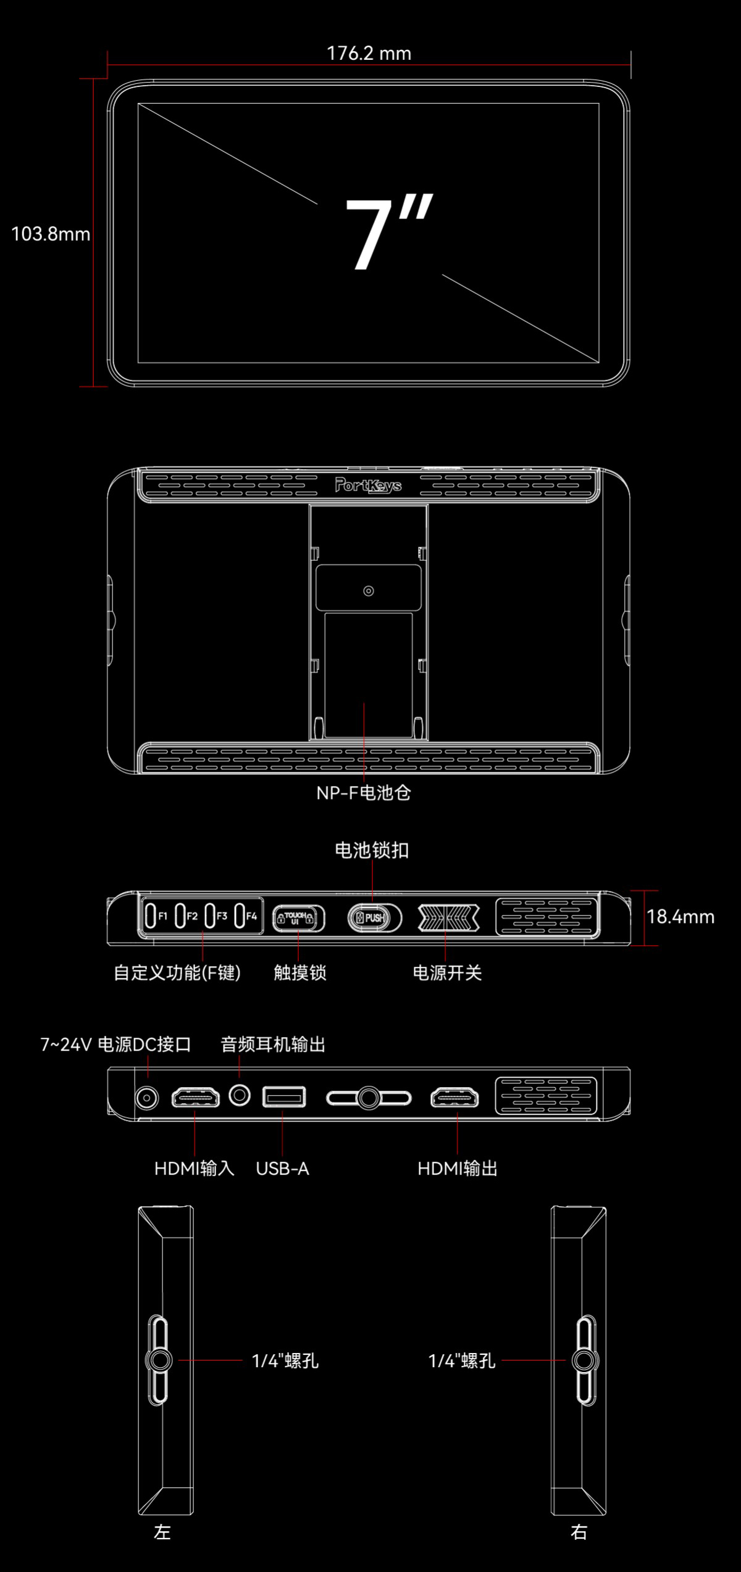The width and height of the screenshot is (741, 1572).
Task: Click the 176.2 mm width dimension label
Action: [x=369, y=53]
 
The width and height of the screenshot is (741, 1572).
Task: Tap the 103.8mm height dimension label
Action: [x=51, y=234]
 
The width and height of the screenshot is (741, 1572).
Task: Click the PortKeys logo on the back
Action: [x=368, y=485]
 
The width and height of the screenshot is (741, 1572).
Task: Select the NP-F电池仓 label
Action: [x=364, y=793]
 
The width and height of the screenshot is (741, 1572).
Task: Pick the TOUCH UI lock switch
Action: [x=298, y=918]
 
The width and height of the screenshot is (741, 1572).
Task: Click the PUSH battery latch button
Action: [x=374, y=918]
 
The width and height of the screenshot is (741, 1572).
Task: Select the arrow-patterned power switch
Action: [x=449, y=918]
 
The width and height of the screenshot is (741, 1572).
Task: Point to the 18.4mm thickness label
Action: [x=680, y=917]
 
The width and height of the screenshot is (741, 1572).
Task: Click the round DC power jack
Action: [x=147, y=1098]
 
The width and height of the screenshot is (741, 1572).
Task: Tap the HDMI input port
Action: [x=195, y=1098]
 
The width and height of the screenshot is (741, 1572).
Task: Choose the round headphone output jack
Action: [x=240, y=1096]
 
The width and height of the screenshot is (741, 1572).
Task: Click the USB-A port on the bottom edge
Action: [x=284, y=1096]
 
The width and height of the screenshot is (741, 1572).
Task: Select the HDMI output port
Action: [x=454, y=1098]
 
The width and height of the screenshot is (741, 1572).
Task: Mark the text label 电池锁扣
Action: [x=372, y=850]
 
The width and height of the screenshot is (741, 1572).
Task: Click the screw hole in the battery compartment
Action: [x=369, y=591]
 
